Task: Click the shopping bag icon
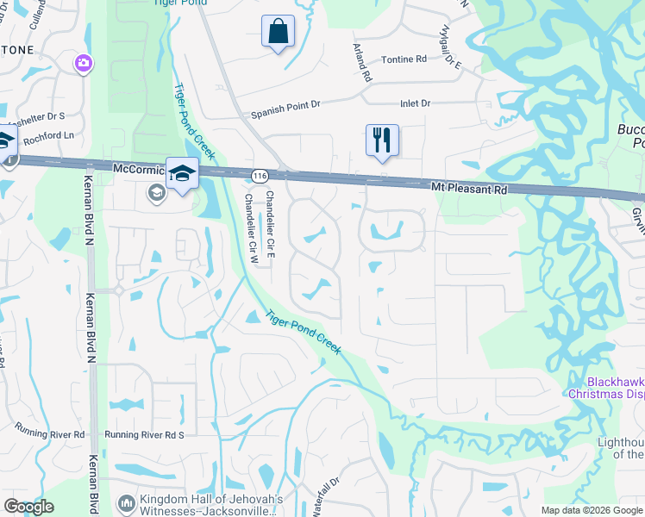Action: [278, 32]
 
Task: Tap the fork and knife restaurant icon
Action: [382, 140]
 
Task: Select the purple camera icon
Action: [84, 62]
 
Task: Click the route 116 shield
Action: [259, 176]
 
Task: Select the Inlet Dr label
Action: [415, 103]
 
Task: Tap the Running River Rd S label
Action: [145, 435]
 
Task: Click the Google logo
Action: [29, 507]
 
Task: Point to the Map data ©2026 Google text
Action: [591, 510]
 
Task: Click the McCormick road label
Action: [138, 169]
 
